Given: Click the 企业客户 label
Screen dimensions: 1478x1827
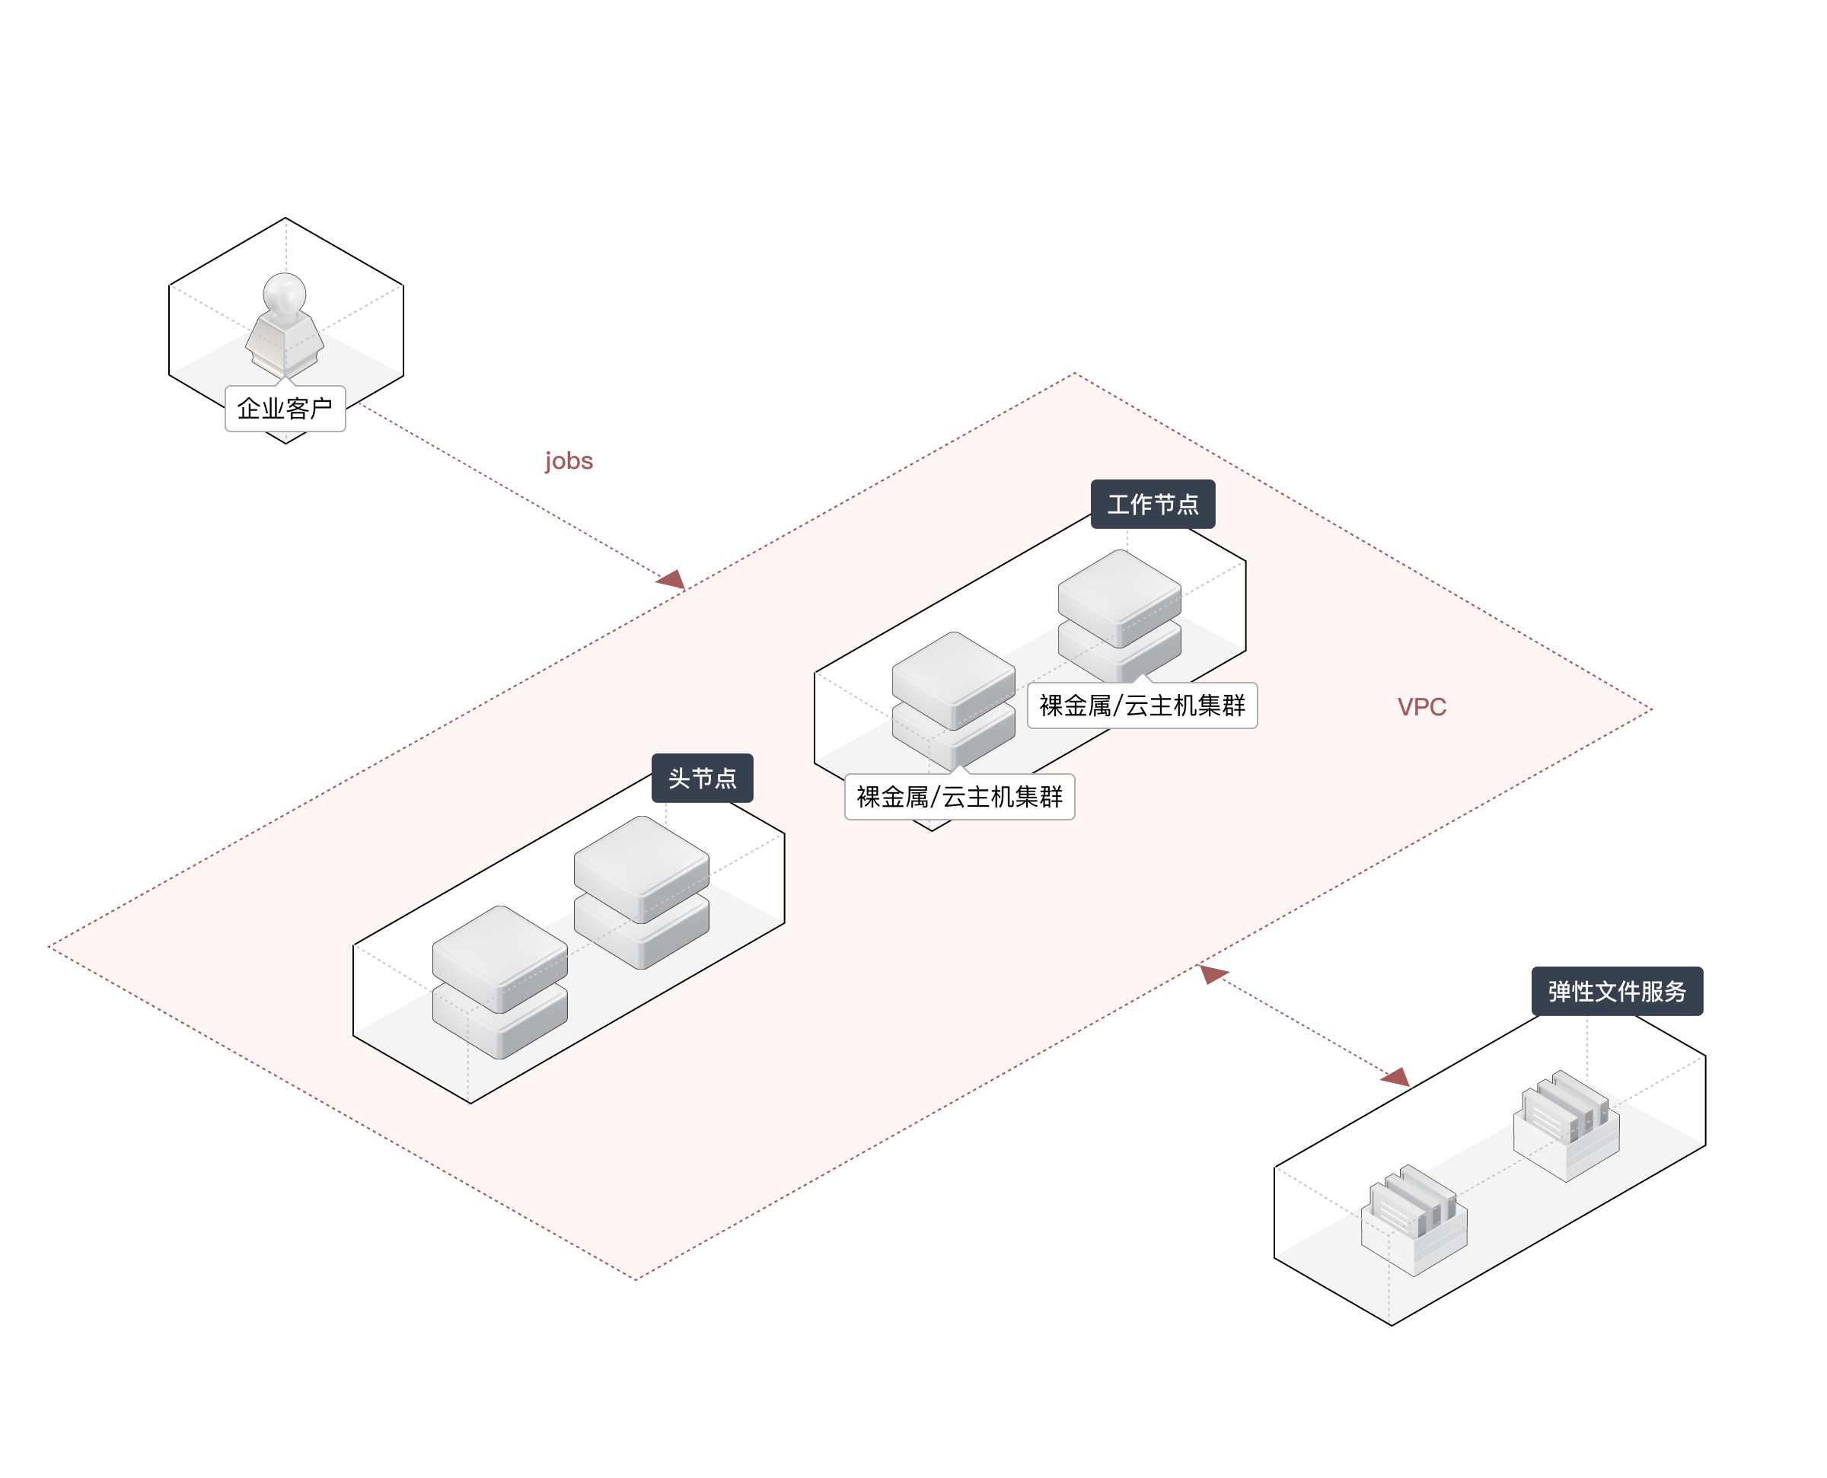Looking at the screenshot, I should pos(285,409).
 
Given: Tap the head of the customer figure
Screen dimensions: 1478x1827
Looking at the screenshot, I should pos(285,292).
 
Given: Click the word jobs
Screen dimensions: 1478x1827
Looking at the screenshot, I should pos(569,460).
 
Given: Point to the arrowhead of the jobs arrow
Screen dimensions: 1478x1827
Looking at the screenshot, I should pos(673,580).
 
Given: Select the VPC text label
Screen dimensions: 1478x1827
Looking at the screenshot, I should pos(1421,706).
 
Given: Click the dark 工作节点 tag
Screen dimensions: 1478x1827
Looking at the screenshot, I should pos(1153,504).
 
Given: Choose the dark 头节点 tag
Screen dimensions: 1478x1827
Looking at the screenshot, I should pos(702,778).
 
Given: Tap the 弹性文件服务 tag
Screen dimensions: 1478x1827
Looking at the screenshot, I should pos(1616,991).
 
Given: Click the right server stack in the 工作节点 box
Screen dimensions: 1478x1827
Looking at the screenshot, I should pos(1119,613).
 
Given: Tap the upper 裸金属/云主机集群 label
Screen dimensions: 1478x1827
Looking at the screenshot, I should pos(1142,705).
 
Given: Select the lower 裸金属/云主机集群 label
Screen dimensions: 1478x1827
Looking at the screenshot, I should pos(958,797).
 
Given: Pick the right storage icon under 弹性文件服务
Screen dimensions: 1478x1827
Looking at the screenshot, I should pos(1566,1124).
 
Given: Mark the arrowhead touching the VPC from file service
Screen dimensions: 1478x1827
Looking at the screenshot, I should pos(1213,973).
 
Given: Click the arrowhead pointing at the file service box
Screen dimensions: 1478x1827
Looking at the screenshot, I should pos(1396,1078).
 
